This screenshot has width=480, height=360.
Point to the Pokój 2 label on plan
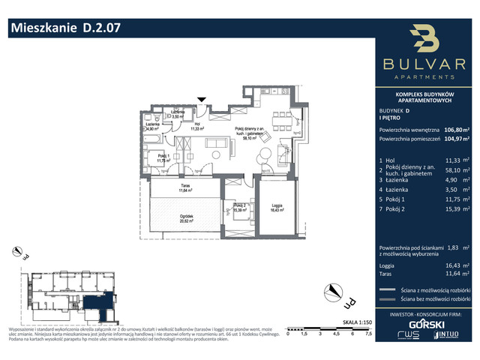(239, 206)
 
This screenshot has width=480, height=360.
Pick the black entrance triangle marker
(200, 99)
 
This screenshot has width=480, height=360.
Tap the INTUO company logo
(448, 335)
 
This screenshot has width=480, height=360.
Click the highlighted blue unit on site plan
(94, 304)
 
